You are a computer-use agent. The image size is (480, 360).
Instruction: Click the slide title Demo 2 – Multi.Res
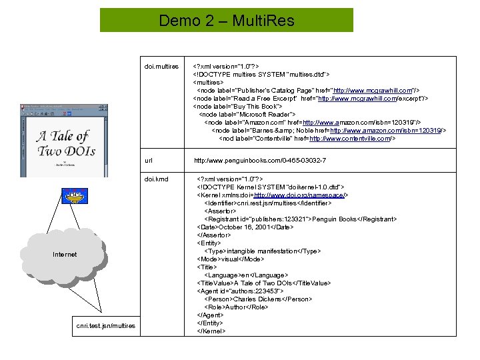[226, 21]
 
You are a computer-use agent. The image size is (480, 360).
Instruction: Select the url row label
[149, 161]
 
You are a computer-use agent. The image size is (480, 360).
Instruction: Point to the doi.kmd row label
[157, 179]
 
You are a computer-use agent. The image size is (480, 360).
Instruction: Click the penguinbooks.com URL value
[259, 161]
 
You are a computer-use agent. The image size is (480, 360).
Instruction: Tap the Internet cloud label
[65, 255]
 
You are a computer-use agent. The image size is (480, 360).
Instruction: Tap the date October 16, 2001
[245, 227]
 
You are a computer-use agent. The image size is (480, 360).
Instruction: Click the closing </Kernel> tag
[211, 331]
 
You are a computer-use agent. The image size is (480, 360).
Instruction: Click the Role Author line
[236, 307]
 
